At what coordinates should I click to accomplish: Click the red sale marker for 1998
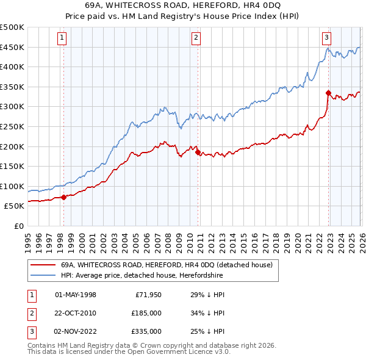coord(63,197)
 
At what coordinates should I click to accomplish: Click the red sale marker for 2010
coord(198,153)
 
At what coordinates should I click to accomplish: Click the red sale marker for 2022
coord(328,93)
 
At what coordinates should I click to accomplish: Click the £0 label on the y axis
coord(18,226)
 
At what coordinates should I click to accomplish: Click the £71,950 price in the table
coord(146,295)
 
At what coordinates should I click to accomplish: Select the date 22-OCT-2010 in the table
coord(75,313)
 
